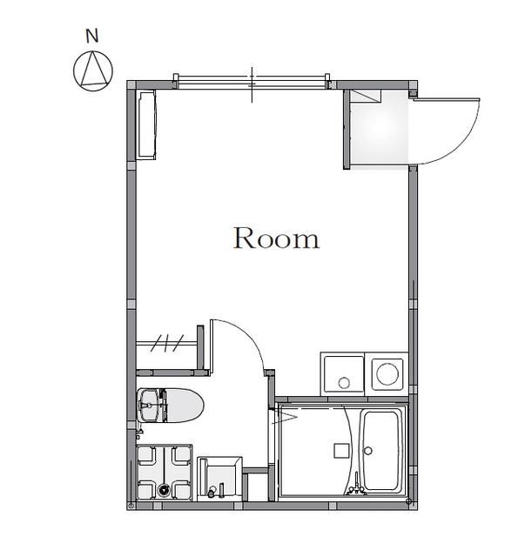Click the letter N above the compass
click(x=92, y=36)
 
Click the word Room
click(x=276, y=238)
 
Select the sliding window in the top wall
click(x=252, y=82)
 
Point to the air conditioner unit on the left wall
click(x=147, y=124)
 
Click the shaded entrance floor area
click(x=379, y=130)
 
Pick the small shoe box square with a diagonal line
click(x=366, y=96)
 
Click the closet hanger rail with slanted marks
click(x=166, y=343)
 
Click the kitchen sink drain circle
click(x=344, y=383)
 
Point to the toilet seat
click(x=185, y=406)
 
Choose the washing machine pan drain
click(x=164, y=490)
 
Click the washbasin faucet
click(x=212, y=492)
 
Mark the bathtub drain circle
click(x=368, y=451)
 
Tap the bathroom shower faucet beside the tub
click(x=356, y=486)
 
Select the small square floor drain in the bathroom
click(x=340, y=451)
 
